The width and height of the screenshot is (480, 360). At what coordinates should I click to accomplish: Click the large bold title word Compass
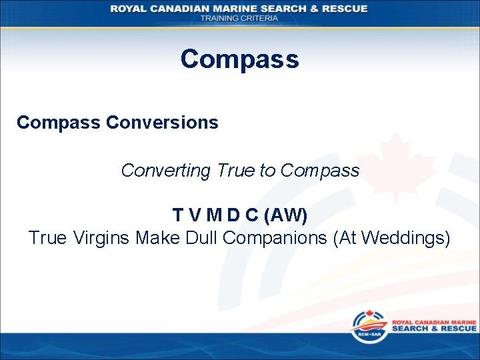pos(239,59)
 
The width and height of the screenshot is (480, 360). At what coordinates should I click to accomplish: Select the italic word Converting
pos(165,171)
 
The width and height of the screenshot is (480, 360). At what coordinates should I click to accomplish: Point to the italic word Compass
pos(319,171)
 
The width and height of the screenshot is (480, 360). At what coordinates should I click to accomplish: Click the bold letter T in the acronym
pos(178,215)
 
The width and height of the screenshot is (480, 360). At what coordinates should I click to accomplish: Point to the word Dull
pos(200,237)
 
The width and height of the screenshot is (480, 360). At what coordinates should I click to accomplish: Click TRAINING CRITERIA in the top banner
pos(239,18)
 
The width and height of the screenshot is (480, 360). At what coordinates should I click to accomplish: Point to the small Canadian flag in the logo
pos(369,314)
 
